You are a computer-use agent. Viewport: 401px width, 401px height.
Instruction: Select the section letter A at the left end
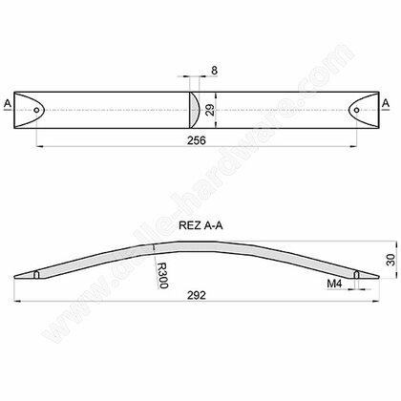pos(9,102)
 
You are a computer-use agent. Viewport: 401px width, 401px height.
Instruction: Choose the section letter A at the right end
pos(386,102)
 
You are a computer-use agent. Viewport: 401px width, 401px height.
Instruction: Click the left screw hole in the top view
pos(36,111)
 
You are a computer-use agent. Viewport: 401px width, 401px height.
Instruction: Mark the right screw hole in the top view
pos(363,111)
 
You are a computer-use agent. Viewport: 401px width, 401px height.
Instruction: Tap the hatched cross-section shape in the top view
pos(192,111)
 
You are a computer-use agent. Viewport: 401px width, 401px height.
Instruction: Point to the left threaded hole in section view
pos(36,275)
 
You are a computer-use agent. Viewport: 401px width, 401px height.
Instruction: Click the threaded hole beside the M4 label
pos(356,276)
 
